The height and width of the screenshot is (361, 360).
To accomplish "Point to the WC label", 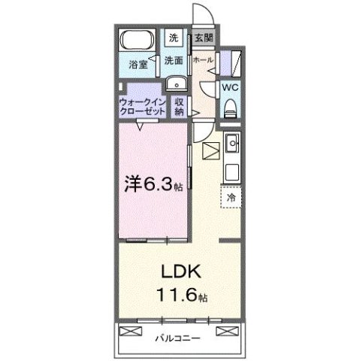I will click(x=230, y=86).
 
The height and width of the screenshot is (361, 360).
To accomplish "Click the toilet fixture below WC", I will click(x=230, y=108).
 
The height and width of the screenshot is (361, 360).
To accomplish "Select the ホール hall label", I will click(x=201, y=59).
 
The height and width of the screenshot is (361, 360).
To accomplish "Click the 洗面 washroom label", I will click(x=174, y=60).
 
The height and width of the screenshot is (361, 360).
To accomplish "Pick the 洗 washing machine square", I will click(x=174, y=38).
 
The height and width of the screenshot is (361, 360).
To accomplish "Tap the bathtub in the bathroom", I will click(x=136, y=41).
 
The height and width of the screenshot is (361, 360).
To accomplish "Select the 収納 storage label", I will click(x=180, y=106).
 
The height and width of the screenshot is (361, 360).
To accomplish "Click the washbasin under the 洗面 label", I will click(x=175, y=83).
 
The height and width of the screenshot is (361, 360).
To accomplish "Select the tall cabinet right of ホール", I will click(x=234, y=62).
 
